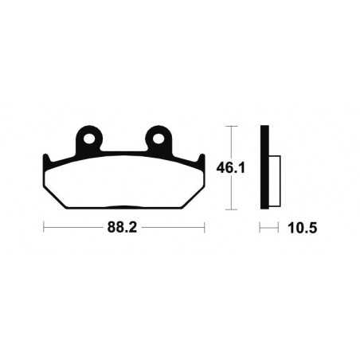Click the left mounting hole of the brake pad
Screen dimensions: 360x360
(92, 139)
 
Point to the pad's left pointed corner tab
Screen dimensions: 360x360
(47, 158)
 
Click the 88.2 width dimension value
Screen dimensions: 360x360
(124, 227)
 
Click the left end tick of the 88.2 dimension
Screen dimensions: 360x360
(44, 227)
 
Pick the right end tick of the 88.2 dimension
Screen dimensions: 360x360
(205, 227)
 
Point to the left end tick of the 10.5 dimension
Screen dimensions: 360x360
(260, 227)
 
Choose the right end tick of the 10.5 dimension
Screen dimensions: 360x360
(279, 227)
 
